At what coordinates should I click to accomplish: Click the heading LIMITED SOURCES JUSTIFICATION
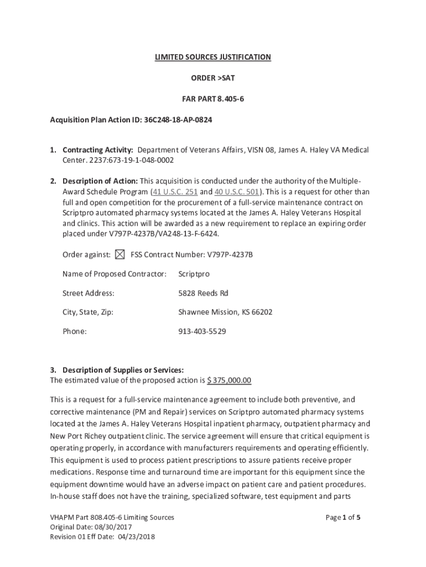212,57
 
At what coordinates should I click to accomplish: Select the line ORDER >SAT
213,79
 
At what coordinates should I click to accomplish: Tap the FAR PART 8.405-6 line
213,100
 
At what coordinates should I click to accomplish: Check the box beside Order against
120,255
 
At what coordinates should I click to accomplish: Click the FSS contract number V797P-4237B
230,255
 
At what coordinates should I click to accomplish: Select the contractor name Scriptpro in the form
194,274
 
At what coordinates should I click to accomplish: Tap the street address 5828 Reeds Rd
203,293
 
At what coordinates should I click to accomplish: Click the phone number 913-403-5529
202,331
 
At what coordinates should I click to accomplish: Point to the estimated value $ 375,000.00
229,380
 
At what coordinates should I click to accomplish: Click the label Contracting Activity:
97,150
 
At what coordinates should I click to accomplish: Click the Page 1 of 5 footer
343,517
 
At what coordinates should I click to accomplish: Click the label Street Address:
89,293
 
